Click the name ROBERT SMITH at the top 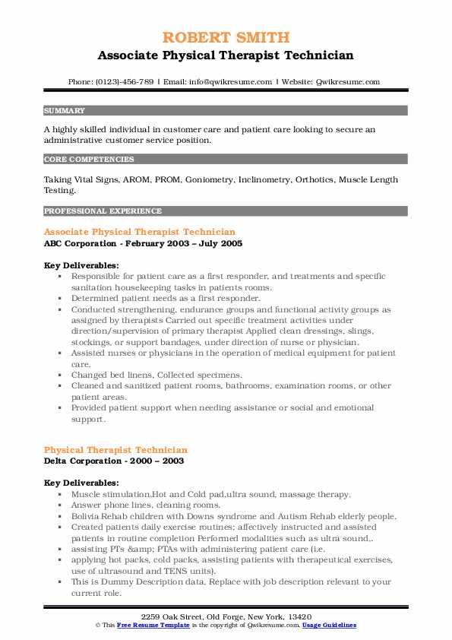click(226, 37)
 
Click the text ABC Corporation click(78, 243)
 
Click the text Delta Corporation click(81, 461)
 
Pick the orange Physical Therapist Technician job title click(115, 450)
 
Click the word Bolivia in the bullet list click(87, 515)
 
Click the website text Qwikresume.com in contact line click(346, 81)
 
